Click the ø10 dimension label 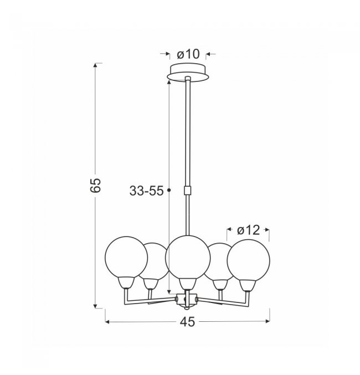tap(188, 54)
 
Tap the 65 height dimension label tap(96, 185)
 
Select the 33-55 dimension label tap(146, 191)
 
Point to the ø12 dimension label tap(248, 230)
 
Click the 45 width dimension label tap(188, 322)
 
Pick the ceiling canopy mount tap(188, 72)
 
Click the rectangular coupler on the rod tap(188, 191)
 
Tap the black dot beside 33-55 tap(169, 190)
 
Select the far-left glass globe tap(126, 258)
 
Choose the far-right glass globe tap(249, 261)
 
